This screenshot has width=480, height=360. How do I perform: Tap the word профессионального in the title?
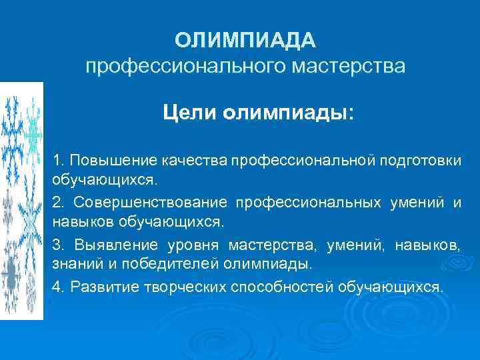point(182,67)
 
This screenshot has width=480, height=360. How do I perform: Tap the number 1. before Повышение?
point(59,161)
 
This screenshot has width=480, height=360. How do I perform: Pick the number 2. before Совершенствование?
point(59,203)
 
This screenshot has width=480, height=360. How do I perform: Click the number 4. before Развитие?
point(59,287)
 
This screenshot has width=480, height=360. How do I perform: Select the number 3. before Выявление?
point(59,245)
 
